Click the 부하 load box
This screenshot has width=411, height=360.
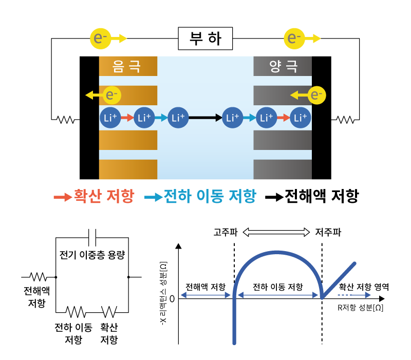pyautogui.click(x=205, y=38)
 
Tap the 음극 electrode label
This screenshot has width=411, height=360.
pyautogui.click(x=126, y=66)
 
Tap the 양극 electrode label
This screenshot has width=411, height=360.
pyautogui.click(x=283, y=66)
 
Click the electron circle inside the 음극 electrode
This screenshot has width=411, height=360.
pyautogui.click(x=111, y=94)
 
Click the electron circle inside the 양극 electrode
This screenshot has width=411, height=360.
pyautogui.click(x=316, y=94)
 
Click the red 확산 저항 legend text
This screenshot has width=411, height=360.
pyautogui.click(x=104, y=196)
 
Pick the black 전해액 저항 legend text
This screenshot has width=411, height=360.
pyautogui.click(x=322, y=196)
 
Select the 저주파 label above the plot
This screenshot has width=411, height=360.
pyautogui.click(x=327, y=232)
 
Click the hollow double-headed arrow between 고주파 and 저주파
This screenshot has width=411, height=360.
pyautogui.click(x=276, y=232)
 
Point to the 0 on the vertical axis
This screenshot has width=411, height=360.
pyautogui.click(x=172, y=298)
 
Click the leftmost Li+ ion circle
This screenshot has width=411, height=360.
pyautogui.click(x=110, y=118)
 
